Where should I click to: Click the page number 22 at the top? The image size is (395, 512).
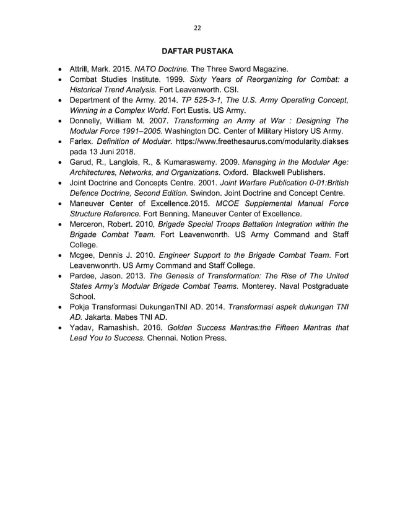(x=197, y=28)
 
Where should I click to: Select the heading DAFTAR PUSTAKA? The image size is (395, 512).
(x=197, y=50)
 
